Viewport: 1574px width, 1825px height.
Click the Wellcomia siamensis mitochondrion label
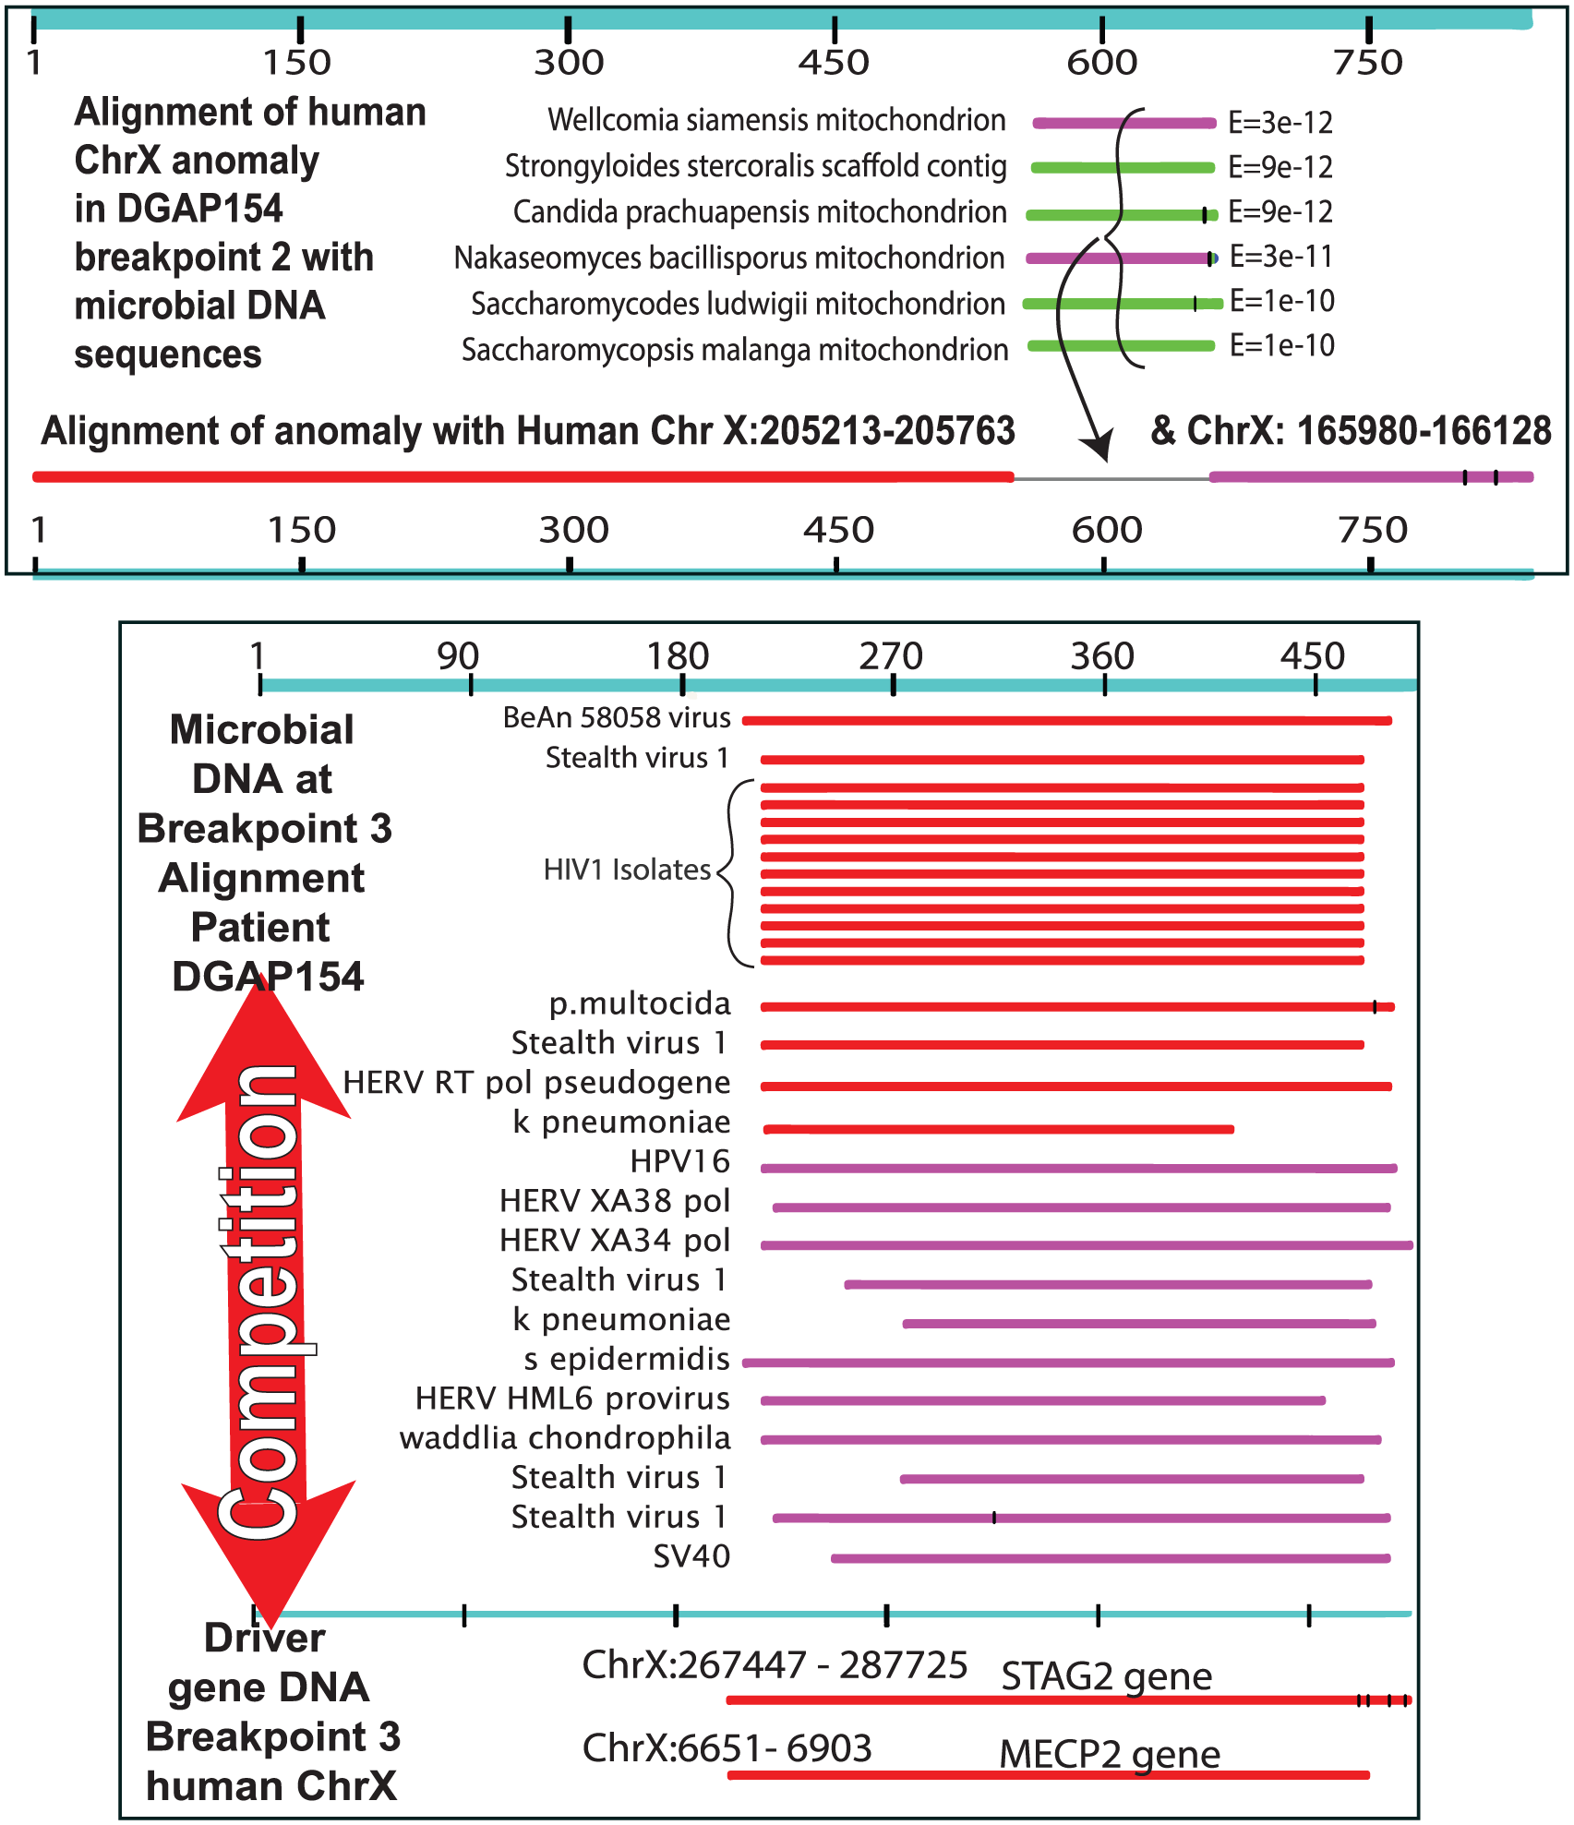[x=775, y=120]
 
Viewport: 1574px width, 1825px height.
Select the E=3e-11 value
[x=1281, y=257]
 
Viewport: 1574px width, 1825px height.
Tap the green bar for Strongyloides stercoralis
[x=1122, y=167]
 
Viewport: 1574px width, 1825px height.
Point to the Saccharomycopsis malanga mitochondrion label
[x=734, y=350]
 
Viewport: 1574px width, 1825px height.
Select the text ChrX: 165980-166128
[x=1352, y=431]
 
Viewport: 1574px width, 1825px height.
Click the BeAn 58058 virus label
[x=616, y=717]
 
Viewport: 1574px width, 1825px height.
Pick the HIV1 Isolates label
[x=627, y=870]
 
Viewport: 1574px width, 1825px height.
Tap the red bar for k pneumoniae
[x=998, y=1129]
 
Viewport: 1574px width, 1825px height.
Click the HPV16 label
[x=679, y=1161]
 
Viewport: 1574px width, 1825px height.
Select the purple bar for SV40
[x=1110, y=1558]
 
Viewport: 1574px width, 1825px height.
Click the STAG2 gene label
[x=1106, y=1675]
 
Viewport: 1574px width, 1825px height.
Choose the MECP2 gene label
[x=1109, y=1754]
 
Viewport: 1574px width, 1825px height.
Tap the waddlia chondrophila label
[x=564, y=1438]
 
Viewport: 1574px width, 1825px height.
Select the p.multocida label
[x=639, y=1003]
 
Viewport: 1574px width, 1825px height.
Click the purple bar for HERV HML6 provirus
[x=1042, y=1400]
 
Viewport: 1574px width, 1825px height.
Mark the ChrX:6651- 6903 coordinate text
[x=727, y=1748]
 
